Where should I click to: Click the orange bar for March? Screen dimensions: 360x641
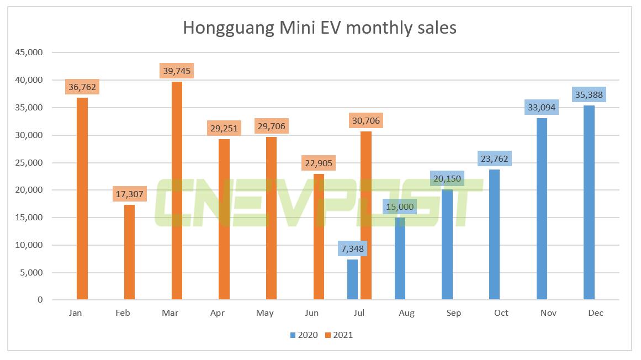click(177, 190)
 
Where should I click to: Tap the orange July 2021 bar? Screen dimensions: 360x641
click(365, 215)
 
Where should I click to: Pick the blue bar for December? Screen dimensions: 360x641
click(589, 203)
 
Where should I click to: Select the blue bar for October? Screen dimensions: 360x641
click(494, 235)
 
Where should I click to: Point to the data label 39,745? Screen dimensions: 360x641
click(177, 71)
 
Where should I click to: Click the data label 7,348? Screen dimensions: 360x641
click(353, 249)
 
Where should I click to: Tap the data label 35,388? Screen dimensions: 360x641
click(589, 95)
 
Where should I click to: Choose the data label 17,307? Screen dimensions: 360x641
click(129, 194)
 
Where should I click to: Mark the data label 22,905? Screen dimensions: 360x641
click(318, 163)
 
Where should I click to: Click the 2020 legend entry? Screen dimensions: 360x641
click(303, 335)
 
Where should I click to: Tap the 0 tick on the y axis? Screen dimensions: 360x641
click(40, 300)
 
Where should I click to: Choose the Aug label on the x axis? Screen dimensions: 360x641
click(406, 313)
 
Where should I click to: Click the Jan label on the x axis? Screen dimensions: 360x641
click(76, 313)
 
